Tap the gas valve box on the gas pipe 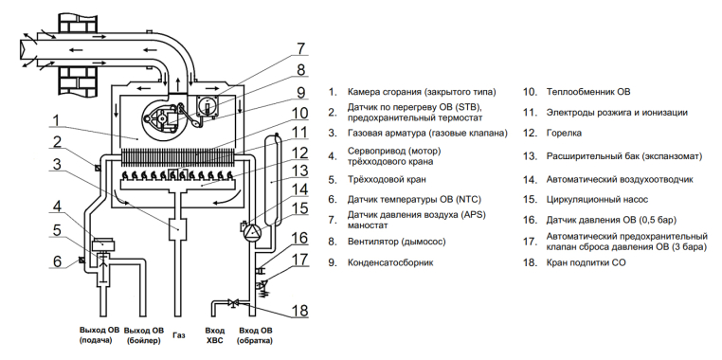pos(177,229)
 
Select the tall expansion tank pos(272,180)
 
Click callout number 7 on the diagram pos(300,49)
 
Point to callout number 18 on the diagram pos(299,311)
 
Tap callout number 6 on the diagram pos(57,261)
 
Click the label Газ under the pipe pos(179,335)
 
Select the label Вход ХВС pos(215,335)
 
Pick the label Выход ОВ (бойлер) pos(144,335)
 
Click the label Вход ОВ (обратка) pos(255,335)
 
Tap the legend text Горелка pos(564,133)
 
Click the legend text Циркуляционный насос pos(597,199)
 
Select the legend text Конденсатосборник pos(390,262)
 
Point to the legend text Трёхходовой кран pos(387,180)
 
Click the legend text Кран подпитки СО pos(586,262)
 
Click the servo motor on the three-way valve pos(104,244)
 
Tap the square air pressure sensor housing pos(207,106)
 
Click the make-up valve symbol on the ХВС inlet pos(234,303)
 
